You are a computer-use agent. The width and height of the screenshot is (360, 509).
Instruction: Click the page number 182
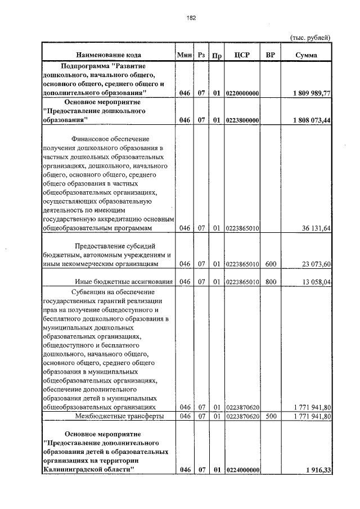point(191,17)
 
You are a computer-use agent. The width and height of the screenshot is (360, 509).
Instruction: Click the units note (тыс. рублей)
point(309,37)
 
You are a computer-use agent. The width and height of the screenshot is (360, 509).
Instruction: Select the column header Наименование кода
point(109,55)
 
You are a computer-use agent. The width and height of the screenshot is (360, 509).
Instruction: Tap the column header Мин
point(184,55)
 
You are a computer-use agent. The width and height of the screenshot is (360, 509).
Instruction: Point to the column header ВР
point(270,55)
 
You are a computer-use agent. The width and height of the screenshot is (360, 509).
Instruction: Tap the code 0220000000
point(242,93)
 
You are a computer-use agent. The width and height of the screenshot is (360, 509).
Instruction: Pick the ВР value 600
point(271,264)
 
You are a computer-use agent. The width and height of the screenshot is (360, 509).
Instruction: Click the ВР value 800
point(271,281)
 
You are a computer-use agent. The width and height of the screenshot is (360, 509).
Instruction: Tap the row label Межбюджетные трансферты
point(120,416)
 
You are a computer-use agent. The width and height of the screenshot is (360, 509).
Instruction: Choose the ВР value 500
point(271,416)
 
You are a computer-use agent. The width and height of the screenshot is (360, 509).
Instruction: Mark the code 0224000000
point(242,470)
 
